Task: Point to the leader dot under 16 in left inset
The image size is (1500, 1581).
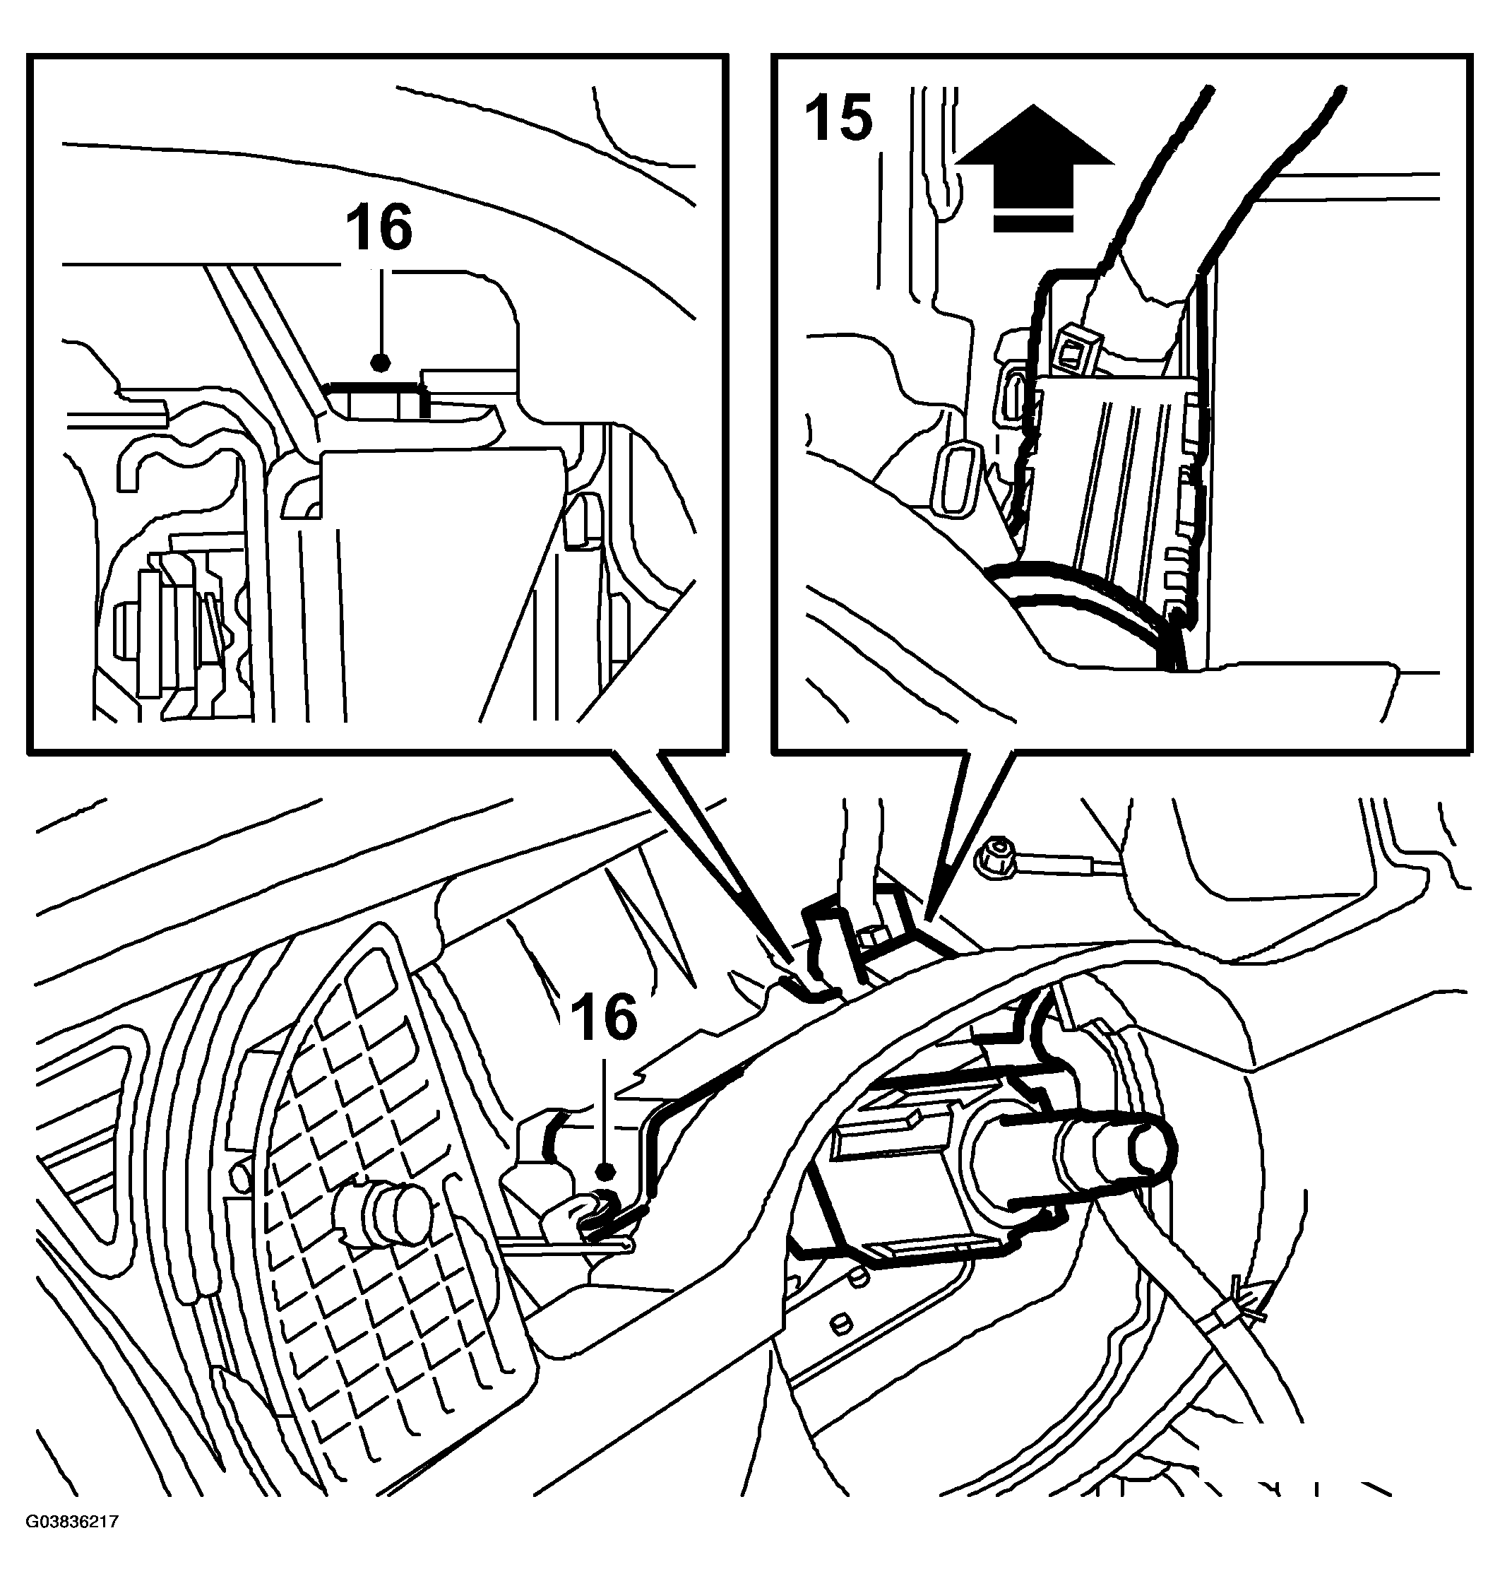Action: [381, 363]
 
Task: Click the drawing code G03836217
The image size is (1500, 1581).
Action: [73, 1544]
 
